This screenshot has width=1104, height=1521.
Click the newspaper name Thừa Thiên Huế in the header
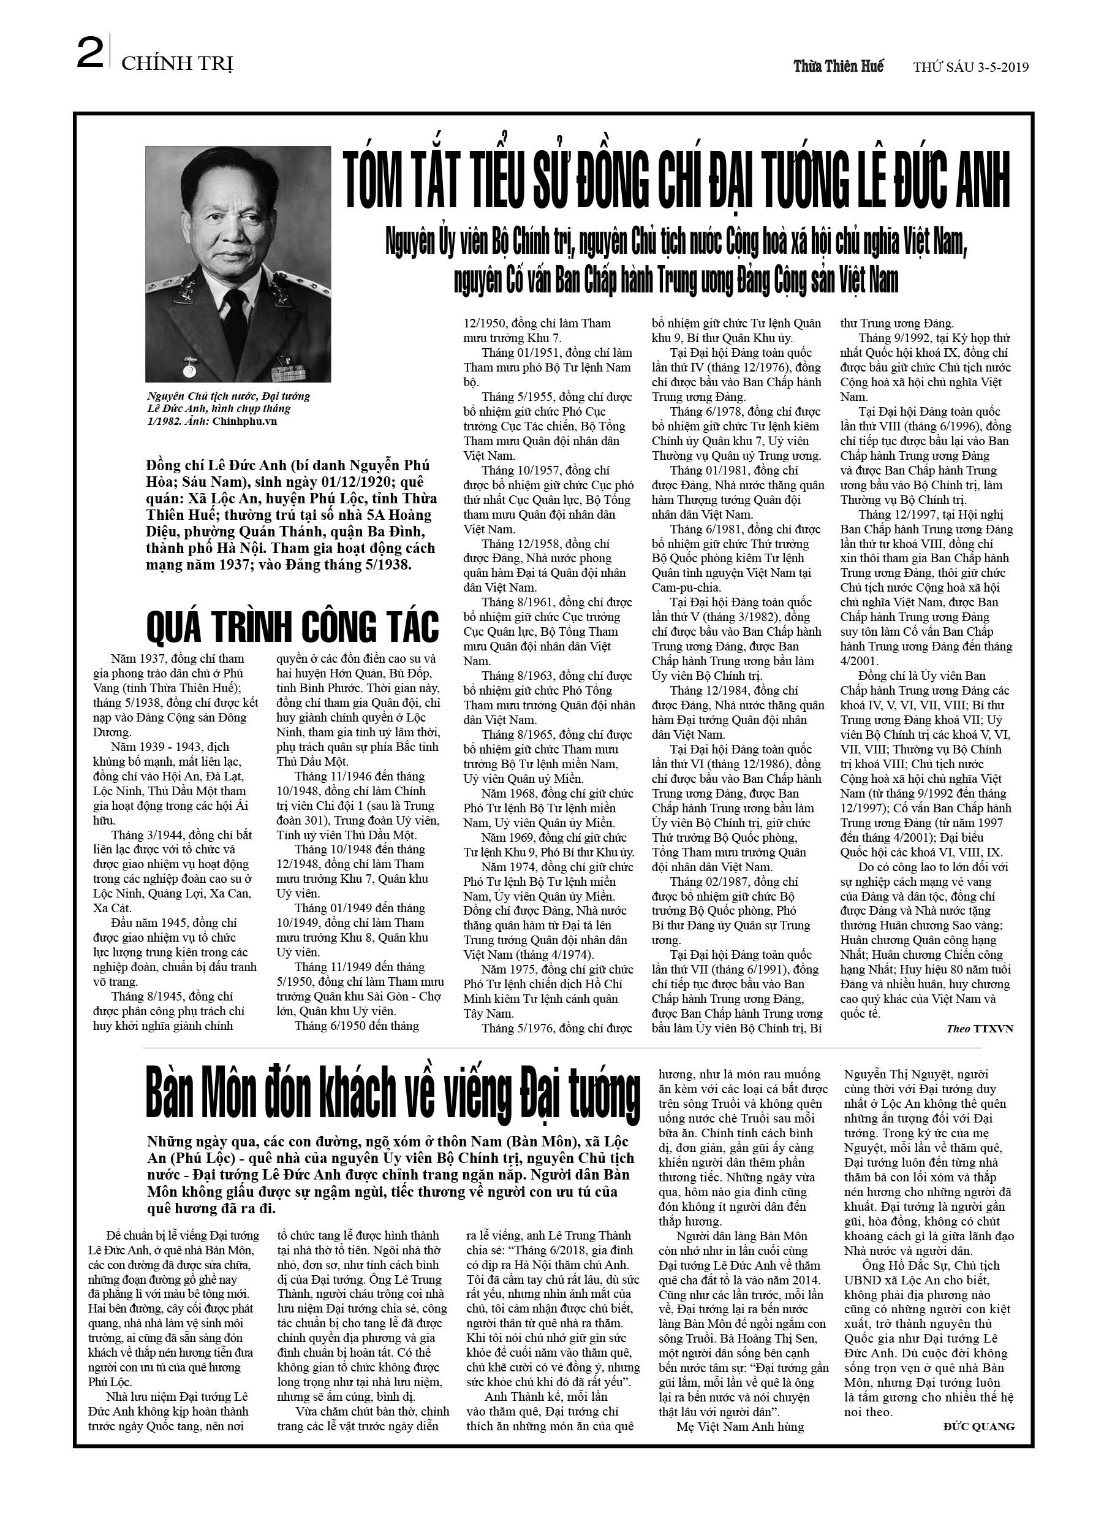pos(838,66)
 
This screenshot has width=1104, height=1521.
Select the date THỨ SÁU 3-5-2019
pos(971,67)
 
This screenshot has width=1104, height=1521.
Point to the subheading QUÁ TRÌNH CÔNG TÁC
pos(292,627)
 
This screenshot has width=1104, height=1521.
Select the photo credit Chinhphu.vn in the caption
pos(245,422)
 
